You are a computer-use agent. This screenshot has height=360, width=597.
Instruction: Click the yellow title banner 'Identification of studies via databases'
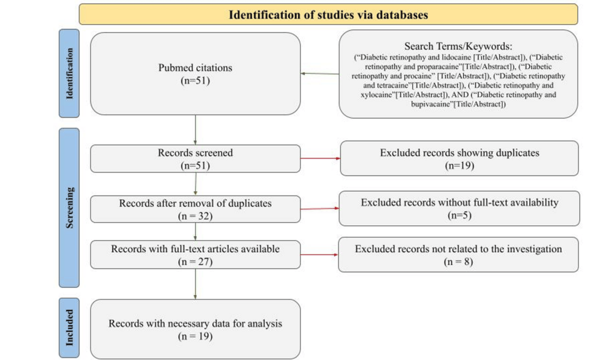(328, 15)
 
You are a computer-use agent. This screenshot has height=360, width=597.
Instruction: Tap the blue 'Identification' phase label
(69, 73)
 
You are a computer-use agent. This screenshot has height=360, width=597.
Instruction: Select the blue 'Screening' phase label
(69, 208)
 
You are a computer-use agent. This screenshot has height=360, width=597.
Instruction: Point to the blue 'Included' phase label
(69, 328)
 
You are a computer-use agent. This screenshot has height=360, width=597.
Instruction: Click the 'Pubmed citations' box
(196, 74)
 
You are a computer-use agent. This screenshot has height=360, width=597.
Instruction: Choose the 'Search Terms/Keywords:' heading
(458, 46)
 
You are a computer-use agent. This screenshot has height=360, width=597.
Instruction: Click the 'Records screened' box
(196, 159)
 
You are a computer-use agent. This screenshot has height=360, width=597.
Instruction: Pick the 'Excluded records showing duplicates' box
(459, 159)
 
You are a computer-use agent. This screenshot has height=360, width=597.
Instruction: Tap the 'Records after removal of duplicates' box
(196, 209)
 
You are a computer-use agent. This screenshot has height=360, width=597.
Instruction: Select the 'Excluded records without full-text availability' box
(459, 209)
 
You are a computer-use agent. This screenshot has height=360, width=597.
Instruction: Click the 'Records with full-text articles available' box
(196, 255)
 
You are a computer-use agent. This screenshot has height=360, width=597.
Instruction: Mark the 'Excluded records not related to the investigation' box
(458, 255)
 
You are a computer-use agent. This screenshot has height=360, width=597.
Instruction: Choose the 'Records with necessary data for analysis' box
(196, 329)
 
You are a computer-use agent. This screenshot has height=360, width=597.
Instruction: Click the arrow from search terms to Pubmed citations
(320, 73)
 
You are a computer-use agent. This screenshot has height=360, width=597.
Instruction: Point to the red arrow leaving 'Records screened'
(320, 159)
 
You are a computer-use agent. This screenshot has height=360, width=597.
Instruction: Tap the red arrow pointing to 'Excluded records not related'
(319, 255)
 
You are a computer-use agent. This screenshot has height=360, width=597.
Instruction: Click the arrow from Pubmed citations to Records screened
(196, 129)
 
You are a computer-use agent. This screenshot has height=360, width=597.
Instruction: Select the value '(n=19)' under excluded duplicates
(460, 166)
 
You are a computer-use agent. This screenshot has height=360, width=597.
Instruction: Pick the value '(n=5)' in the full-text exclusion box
(460, 215)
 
